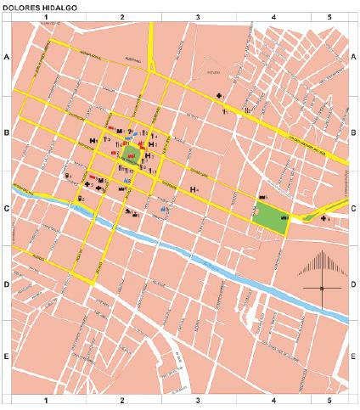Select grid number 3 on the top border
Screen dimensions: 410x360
[198, 16]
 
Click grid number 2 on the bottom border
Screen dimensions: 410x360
[122, 399]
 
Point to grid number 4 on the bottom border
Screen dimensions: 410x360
[273, 399]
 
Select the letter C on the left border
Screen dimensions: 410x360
[6, 209]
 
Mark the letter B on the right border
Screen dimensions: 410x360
[353, 133]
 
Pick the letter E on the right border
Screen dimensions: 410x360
[353, 358]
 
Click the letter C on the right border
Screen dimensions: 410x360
[353, 209]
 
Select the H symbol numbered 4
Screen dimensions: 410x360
[194, 188]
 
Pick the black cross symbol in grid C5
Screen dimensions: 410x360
[324, 218]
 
